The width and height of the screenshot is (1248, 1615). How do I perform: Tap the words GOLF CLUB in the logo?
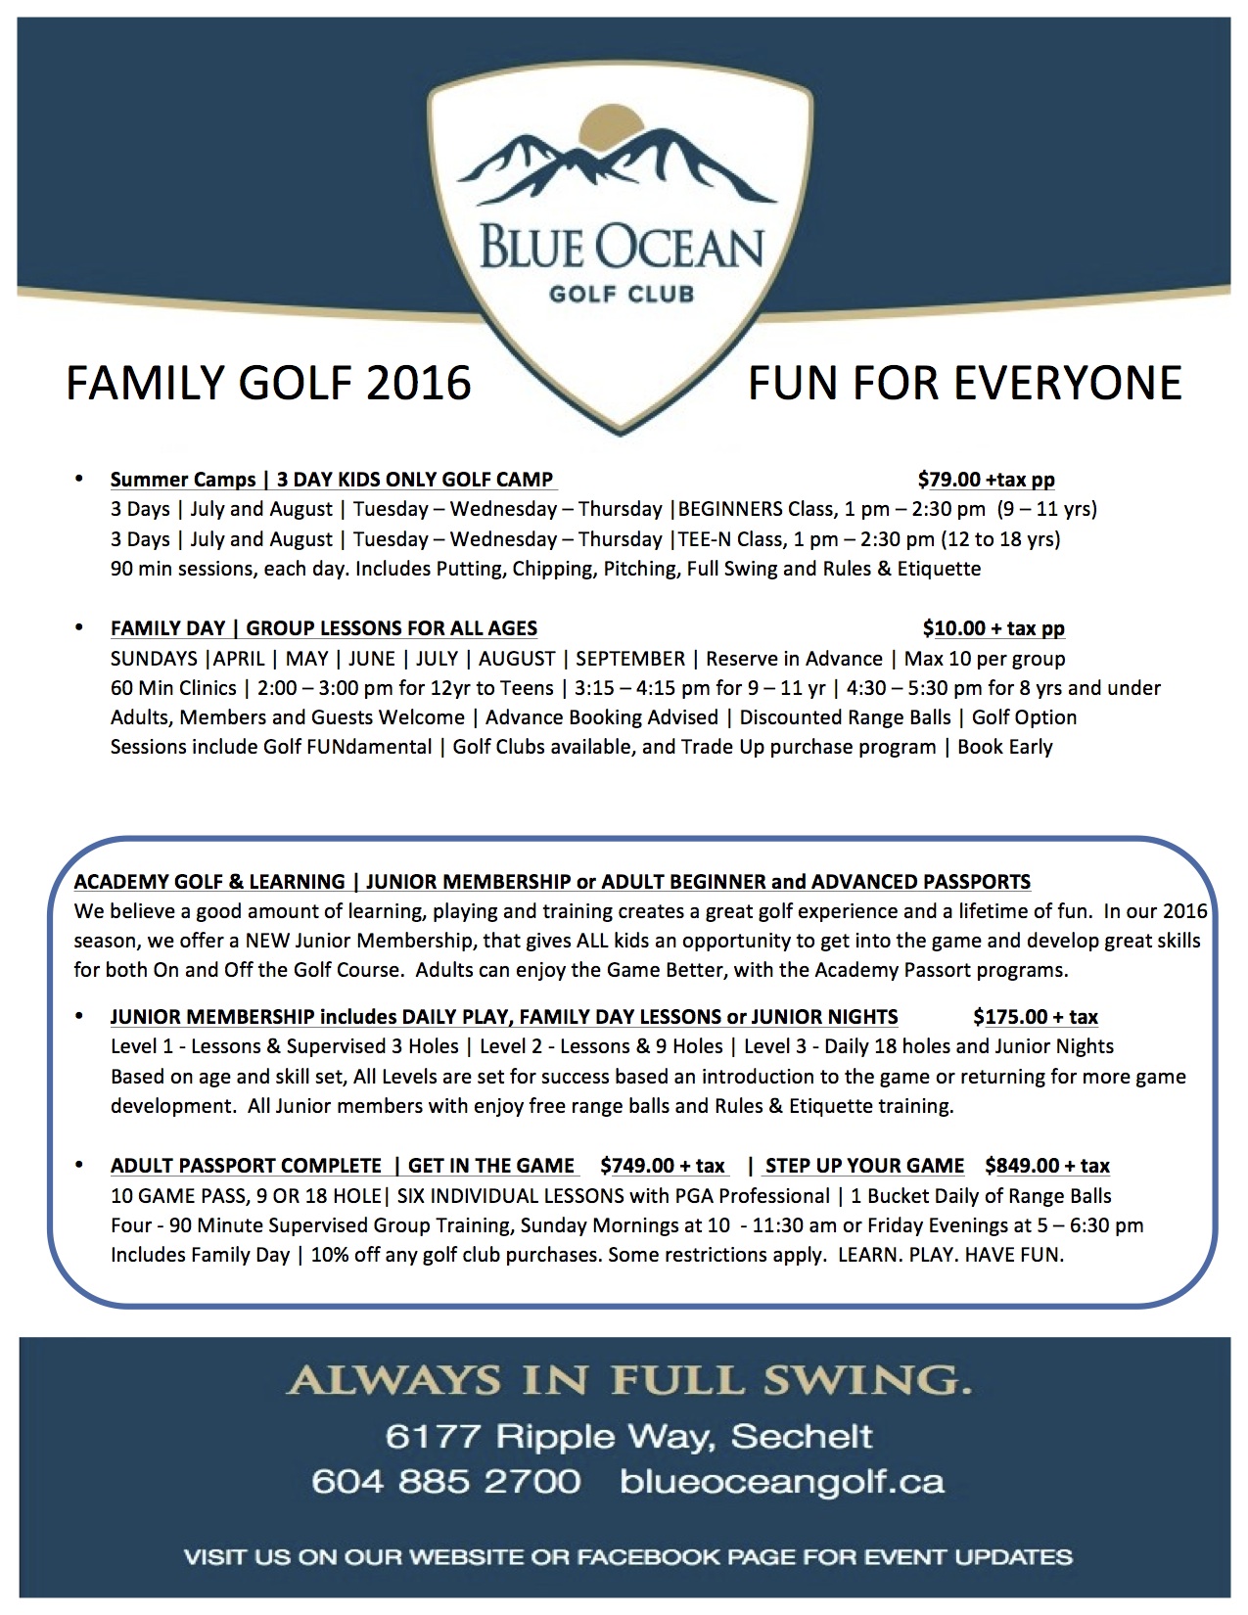pos(622,294)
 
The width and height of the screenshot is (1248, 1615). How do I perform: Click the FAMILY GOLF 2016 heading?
pos(268,383)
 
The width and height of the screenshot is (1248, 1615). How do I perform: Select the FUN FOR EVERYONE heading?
pos(964,383)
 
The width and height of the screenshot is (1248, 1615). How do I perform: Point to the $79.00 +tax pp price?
pos(986,480)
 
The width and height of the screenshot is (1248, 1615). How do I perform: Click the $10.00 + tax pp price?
pos(993,628)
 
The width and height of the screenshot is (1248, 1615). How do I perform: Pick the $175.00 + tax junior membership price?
pos(1036,1017)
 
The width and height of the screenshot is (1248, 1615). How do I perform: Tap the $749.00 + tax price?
pos(663,1166)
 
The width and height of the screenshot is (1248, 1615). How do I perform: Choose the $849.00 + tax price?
pos(1046,1166)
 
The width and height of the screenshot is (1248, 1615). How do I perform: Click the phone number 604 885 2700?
pos(446,1481)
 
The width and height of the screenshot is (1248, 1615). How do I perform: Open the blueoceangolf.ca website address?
pos(782,1481)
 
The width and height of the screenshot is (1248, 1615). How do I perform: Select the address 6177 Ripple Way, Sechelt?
pos(628,1436)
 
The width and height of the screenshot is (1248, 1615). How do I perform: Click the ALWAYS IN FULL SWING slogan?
pos(628,1380)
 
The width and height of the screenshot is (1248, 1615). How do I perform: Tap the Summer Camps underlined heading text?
pos(183,480)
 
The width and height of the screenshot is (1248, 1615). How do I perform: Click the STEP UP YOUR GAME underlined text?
pos(864,1166)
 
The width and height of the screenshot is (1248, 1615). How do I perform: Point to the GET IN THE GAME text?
pos(491,1166)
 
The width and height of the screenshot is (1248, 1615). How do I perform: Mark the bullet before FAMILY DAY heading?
pos(79,627)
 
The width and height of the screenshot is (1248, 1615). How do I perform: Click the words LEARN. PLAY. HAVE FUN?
pos(950,1255)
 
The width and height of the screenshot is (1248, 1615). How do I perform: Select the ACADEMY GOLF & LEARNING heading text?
pos(209,882)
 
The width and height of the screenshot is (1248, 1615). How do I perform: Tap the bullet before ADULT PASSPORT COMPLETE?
pos(79,1165)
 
